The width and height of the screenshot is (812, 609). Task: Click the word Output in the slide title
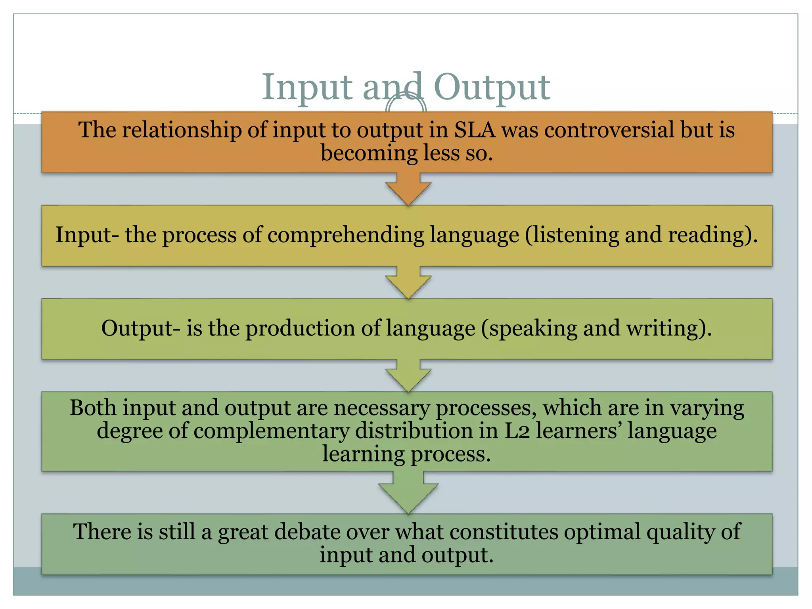492,87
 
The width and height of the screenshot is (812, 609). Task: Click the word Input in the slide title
307,87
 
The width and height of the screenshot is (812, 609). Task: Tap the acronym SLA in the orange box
475,130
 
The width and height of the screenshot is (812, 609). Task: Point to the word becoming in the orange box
369,153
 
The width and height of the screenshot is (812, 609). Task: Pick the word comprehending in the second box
346,235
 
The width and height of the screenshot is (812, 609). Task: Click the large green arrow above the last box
408,494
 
